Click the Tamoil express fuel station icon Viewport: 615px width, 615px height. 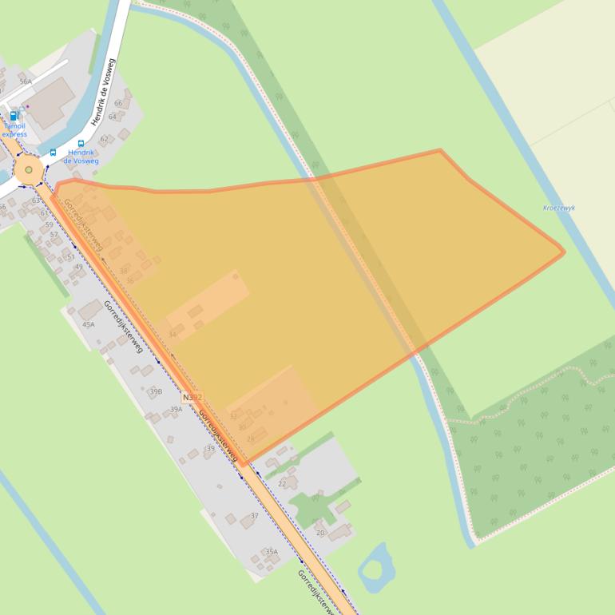pyautogui.click(x=14, y=115)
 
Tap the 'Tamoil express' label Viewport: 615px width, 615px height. pyautogui.click(x=14, y=130)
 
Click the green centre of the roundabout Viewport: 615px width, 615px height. pyautogui.click(x=29, y=169)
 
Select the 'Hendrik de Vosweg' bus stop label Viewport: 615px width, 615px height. pyautogui.click(x=81, y=156)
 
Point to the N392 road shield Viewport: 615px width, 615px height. pyautogui.click(x=192, y=397)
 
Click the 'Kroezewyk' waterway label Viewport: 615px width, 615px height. pyautogui.click(x=559, y=208)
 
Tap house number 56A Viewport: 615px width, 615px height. pyautogui.click(x=26, y=81)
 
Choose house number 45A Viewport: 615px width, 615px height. pyautogui.click(x=88, y=324)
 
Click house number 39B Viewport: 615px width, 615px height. pyautogui.click(x=156, y=391)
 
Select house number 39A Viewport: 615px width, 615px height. pyautogui.click(x=176, y=409)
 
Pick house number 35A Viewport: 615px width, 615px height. pyautogui.click(x=272, y=552)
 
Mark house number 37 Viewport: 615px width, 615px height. pyautogui.click(x=254, y=515)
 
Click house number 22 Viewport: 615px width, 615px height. pyautogui.click(x=282, y=483)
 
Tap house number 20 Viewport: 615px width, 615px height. pyautogui.click(x=320, y=533)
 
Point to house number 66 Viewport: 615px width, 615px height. pyautogui.click(x=118, y=103)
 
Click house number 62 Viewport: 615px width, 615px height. pyautogui.click(x=104, y=139)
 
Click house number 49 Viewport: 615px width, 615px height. pyautogui.click(x=78, y=267)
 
